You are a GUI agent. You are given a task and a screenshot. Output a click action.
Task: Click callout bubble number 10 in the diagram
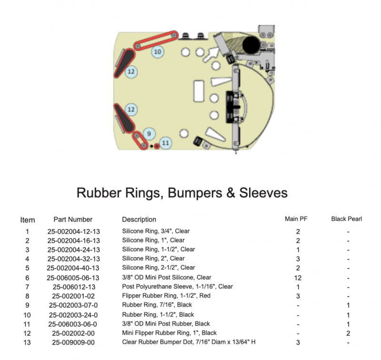click(158, 52)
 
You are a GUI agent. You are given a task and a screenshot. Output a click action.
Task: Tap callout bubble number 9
click(149, 134)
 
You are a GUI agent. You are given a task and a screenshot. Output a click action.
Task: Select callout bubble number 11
click(165, 143)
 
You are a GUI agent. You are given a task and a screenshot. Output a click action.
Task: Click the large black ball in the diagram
click(251, 45)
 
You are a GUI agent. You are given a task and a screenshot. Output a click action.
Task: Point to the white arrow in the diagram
click(211, 54)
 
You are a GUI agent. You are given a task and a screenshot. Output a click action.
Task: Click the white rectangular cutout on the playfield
click(199, 91)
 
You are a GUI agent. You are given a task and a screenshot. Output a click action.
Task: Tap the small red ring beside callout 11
click(157, 146)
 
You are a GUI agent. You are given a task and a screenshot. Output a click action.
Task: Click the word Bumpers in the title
click(195, 193)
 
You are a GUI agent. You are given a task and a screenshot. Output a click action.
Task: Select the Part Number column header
click(73, 220)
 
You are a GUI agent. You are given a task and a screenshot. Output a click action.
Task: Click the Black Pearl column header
click(347, 219)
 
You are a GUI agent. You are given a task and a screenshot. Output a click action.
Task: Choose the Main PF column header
click(296, 219)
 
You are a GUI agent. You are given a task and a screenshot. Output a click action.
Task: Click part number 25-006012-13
click(74, 287)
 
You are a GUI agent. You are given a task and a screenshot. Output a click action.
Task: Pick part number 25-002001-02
click(73, 296)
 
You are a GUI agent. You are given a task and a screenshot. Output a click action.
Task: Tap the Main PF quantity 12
click(298, 278)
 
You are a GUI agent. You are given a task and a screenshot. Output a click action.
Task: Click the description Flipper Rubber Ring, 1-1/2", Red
click(166, 296)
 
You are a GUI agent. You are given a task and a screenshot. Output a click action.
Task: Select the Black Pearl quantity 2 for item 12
click(348, 333)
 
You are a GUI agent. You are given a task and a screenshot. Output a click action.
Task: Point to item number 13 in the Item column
click(27, 342)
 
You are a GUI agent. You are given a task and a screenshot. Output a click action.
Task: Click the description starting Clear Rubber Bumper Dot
click(189, 342)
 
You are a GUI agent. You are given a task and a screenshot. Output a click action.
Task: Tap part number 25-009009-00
click(73, 342)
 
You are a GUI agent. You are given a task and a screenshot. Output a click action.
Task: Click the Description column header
click(139, 220)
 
